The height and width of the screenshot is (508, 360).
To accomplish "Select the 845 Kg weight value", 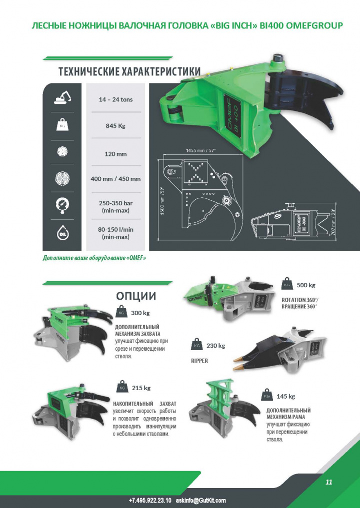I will (x=115, y=125).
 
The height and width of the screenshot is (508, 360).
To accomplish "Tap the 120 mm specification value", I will (x=115, y=154).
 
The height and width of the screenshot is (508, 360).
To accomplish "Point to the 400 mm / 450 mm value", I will (x=115, y=179).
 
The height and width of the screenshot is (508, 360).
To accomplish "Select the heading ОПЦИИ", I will (x=136, y=295).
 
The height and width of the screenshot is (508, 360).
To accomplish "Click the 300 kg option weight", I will (x=140, y=313).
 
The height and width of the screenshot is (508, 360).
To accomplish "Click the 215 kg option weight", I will (x=141, y=388).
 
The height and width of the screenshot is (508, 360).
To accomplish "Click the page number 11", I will (x=328, y=482).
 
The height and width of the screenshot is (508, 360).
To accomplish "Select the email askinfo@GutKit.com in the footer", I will (x=200, y=500).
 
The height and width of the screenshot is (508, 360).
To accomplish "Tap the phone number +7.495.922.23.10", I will (x=150, y=500).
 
